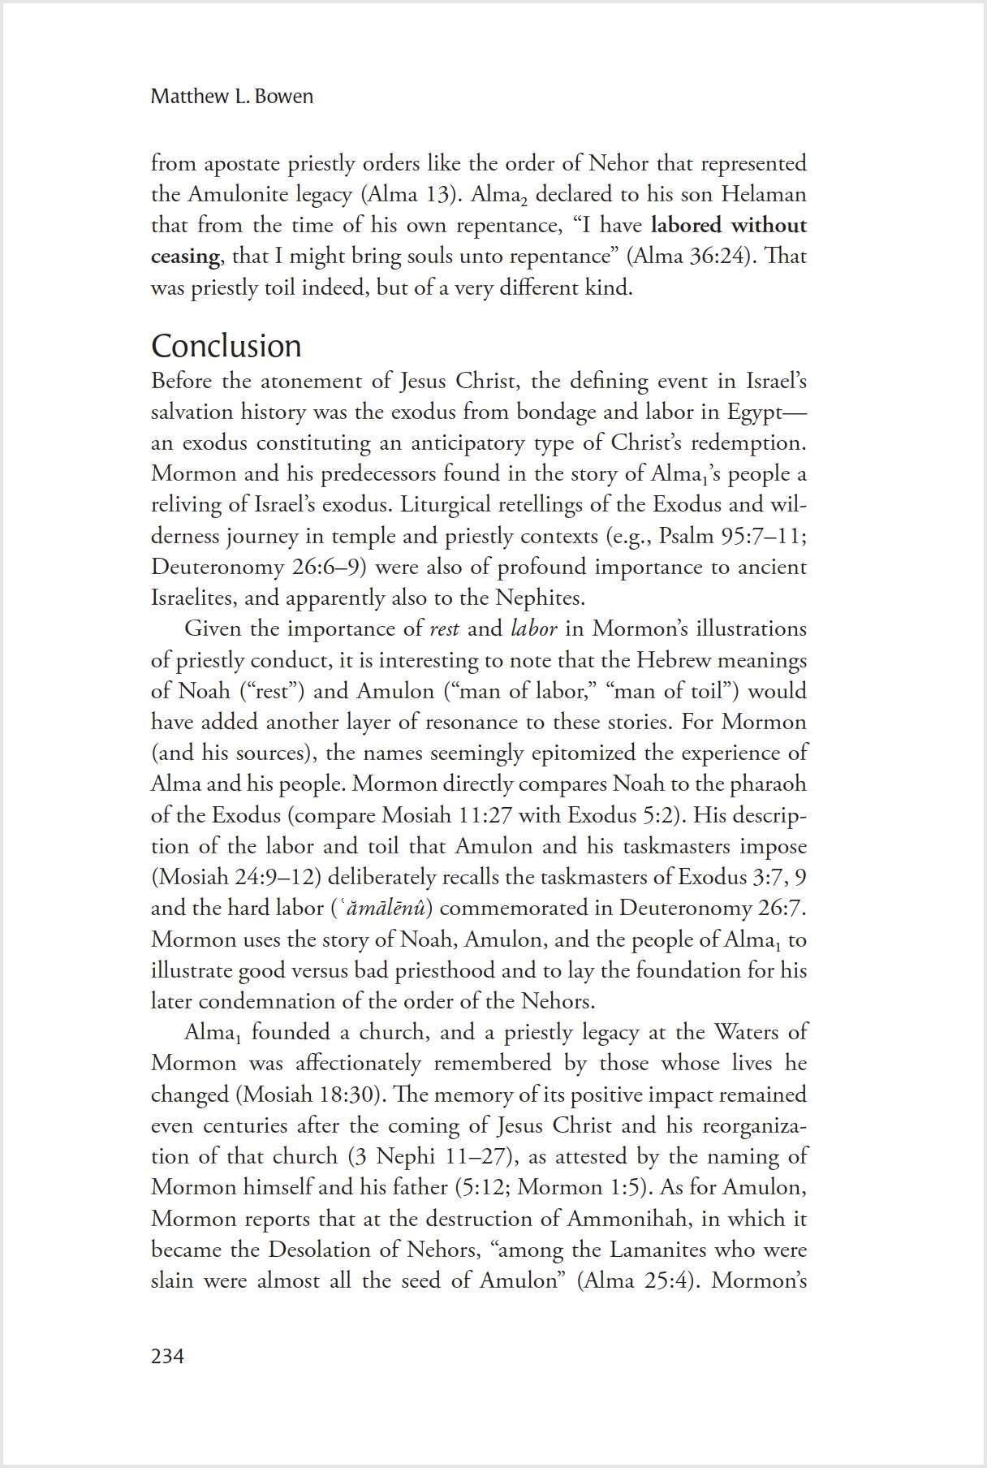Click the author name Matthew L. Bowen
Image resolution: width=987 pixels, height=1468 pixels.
[x=231, y=97]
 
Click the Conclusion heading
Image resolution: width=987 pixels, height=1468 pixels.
[x=226, y=346]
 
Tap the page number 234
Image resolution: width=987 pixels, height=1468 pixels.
[x=167, y=1356]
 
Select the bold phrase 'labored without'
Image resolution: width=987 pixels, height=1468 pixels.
[x=728, y=225]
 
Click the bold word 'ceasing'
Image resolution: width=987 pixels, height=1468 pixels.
[x=184, y=257]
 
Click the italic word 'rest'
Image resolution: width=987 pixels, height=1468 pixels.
[x=444, y=629]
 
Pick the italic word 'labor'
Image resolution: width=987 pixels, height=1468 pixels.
[x=534, y=629]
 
